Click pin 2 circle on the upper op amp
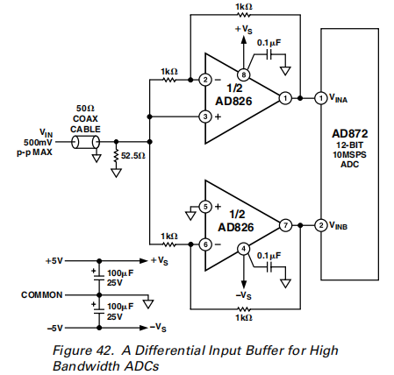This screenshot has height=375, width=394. coord(205,80)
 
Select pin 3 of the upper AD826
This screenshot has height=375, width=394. coord(205,117)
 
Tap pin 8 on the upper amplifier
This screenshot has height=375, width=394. coord(243,74)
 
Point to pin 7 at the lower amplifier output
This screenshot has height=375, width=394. coord(285,225)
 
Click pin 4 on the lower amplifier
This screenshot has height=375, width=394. coord(243,249)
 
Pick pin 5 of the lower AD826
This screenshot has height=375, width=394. coord(205,207)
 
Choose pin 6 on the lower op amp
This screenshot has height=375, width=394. coord(205,244)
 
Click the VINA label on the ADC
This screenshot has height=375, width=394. coord(339,98)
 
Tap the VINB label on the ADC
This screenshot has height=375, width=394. coord(339,225)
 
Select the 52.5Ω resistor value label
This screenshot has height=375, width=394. coord(133,156)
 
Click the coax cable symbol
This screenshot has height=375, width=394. coord(85,142)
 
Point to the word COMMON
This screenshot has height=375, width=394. coord(42,295)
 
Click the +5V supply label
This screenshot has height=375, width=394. coord(54,260)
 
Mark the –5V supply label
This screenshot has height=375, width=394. coord(54,329)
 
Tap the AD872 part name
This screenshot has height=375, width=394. coord(350,134)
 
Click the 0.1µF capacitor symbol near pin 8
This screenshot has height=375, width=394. coord(269,54)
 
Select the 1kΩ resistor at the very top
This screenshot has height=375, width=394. coord(244,15)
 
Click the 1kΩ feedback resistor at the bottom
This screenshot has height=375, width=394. coord(244,308)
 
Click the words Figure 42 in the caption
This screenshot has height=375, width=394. coord(83,350)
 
